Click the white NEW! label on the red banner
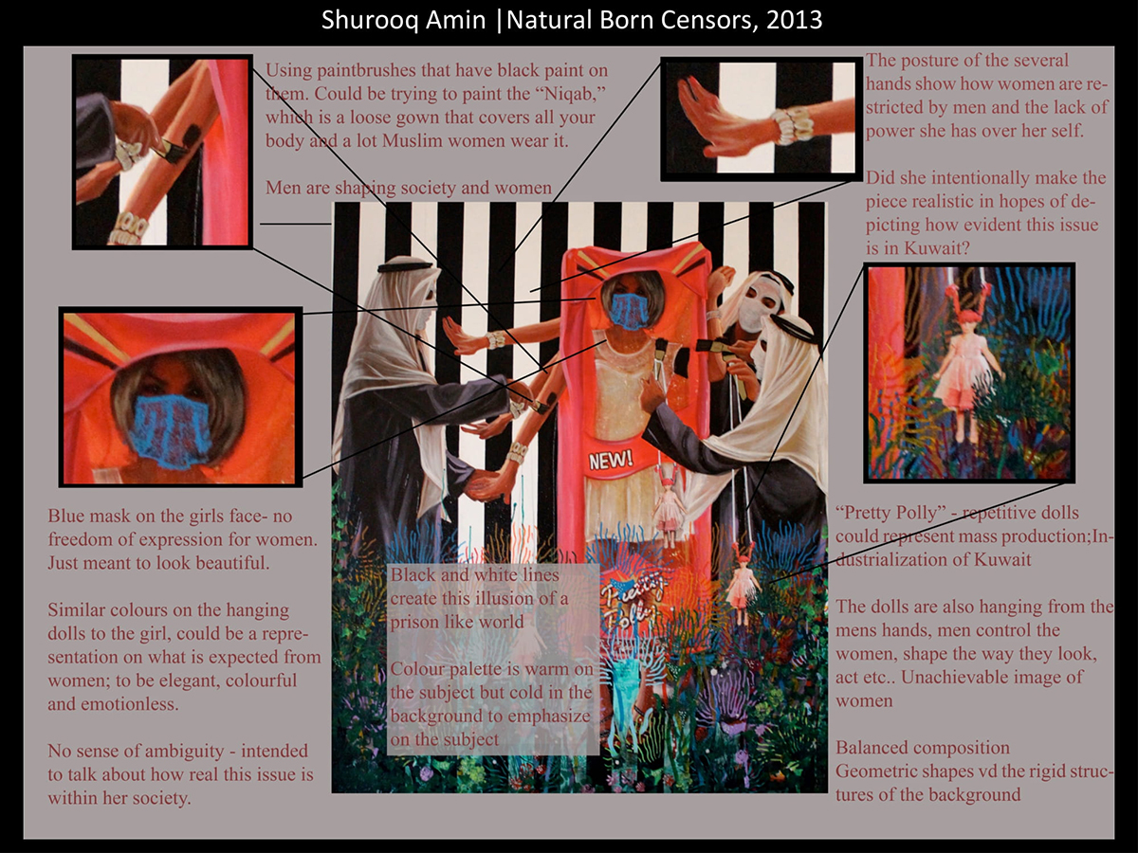610,460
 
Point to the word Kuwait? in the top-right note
938,248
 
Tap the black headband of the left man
404,267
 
